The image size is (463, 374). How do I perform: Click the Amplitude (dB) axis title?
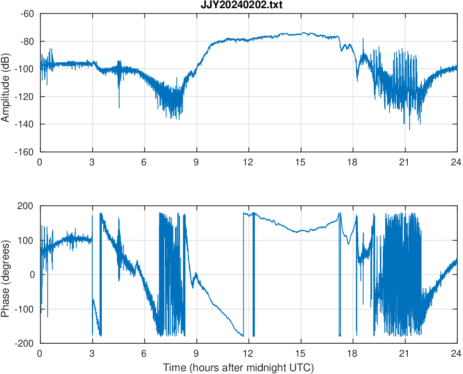(6, 83)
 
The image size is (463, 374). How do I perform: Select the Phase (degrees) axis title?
(6, 275)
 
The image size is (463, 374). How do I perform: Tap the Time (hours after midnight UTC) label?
(238, 368)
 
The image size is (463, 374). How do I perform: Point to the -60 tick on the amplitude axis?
(27, 13)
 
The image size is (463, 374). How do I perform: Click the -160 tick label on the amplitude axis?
(25, 152)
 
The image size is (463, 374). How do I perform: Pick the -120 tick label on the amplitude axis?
(25, 97)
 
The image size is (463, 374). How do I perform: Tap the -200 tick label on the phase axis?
(25, 343)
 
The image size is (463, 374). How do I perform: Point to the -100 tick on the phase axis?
(25, 309)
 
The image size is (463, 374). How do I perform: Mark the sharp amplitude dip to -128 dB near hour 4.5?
(119, 107)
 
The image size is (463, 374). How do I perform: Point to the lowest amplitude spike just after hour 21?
(410, 129)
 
